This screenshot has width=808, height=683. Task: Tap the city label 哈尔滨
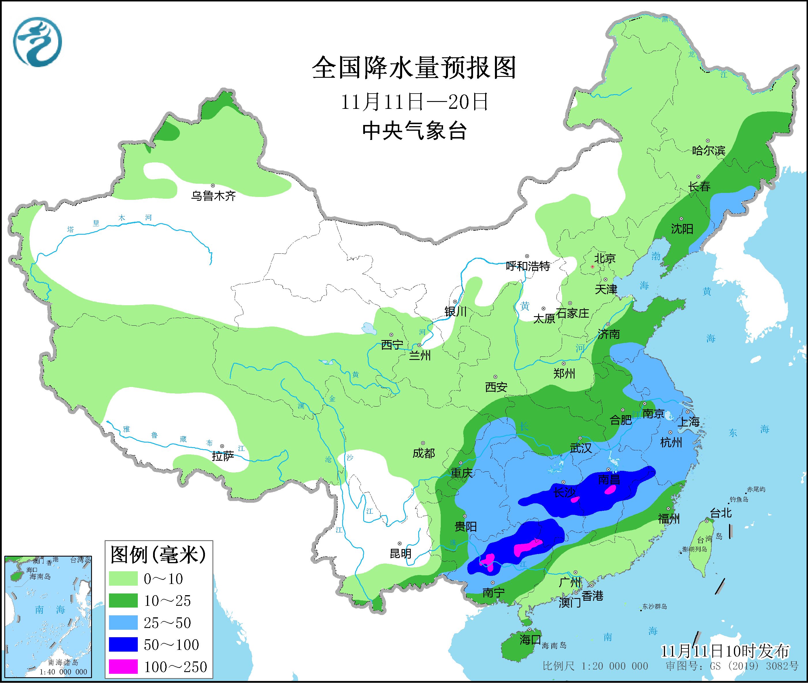click(x=708, y=151)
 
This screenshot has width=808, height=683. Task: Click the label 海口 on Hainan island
click(x=530, y=639)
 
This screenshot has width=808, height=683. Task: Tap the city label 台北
click(x=721, y=513)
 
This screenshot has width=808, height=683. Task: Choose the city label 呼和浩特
click(x=528, y=266)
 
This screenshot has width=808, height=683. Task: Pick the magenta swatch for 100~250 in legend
click(x=123, y=667)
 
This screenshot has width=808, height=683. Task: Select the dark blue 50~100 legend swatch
click(x=123, y=645)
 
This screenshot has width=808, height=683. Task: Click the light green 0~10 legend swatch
click(x=123, y=578)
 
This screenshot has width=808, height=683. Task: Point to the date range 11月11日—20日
click(x=414, y=102)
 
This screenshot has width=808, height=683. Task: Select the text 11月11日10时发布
click(x=725, y=651)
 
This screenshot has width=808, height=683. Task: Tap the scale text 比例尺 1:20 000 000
click(x=595, y=666)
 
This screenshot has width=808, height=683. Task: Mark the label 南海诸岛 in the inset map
click(x=63, y=663)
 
